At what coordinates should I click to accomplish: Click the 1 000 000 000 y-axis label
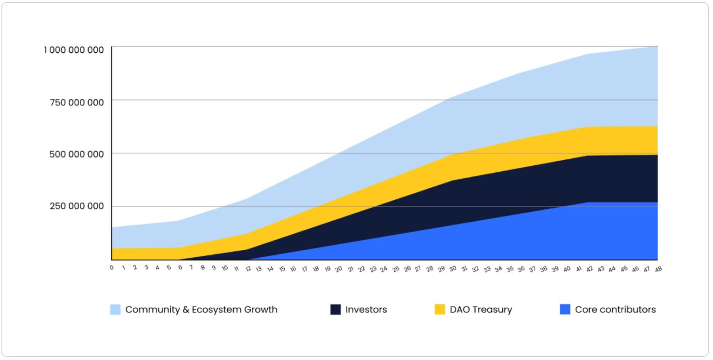74,50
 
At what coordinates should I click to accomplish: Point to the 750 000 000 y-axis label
77,103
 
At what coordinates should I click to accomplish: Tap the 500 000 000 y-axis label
77,154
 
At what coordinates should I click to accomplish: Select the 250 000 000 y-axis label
77,206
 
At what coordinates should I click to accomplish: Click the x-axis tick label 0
111,268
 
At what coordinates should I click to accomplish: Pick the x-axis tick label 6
180,268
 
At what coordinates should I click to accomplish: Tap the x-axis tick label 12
248,269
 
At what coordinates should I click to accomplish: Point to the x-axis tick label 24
383,269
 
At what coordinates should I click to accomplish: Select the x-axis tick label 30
452,269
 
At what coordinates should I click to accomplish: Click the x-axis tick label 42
590,269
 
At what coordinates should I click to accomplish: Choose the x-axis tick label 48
658,269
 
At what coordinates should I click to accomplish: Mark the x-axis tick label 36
521,269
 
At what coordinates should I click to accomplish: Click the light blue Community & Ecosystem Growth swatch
115,310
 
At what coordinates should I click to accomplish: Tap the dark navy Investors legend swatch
335,310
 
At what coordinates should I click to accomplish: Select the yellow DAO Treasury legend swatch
440,310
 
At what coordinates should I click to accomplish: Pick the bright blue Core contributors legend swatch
565,310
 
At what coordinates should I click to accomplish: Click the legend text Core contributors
615,310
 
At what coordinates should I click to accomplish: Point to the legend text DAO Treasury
481,310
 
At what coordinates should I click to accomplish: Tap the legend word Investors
366,310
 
